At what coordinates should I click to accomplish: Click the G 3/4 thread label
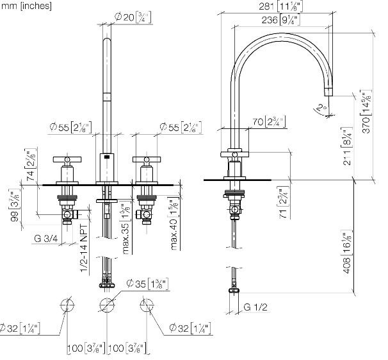pos(47,239)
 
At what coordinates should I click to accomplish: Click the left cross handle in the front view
pos(67,160)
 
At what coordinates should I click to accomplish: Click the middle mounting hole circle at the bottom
pos(106,306)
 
